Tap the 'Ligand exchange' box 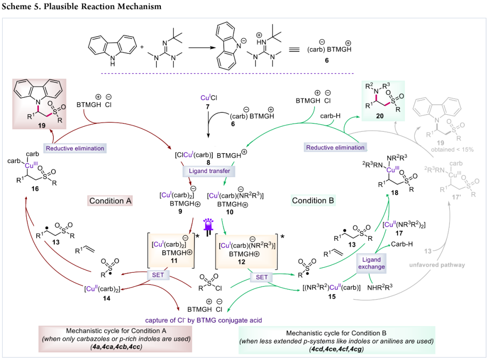pyautogui.click(x=371, y=263)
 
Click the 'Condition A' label pyautogui.click(x=110, y=201)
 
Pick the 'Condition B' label pyautogui.click(x=313, y=201)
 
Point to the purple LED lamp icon pyautogui.click(x=208, y=224)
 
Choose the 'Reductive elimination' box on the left pyautogui.click(x=74, y=148)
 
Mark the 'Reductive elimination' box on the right pyautogui.click(x=335, y=147)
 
